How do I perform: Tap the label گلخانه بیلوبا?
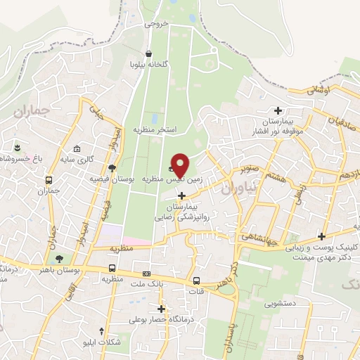pyautogui.click(x=148, y=64)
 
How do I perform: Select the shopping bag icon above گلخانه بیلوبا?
pyautogui.click(x=148, y=53)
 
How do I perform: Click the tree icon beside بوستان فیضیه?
pyautogui.click(x=112, y=167)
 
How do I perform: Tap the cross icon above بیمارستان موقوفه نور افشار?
pyautogui.click(x=278, y=110)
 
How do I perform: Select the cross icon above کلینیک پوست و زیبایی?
pyautogui.click(x=321, y=236)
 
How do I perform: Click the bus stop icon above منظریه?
pyautogui.click(x=112, y=268)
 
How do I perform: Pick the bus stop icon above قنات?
pyautogui.click(x=196, y=282)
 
